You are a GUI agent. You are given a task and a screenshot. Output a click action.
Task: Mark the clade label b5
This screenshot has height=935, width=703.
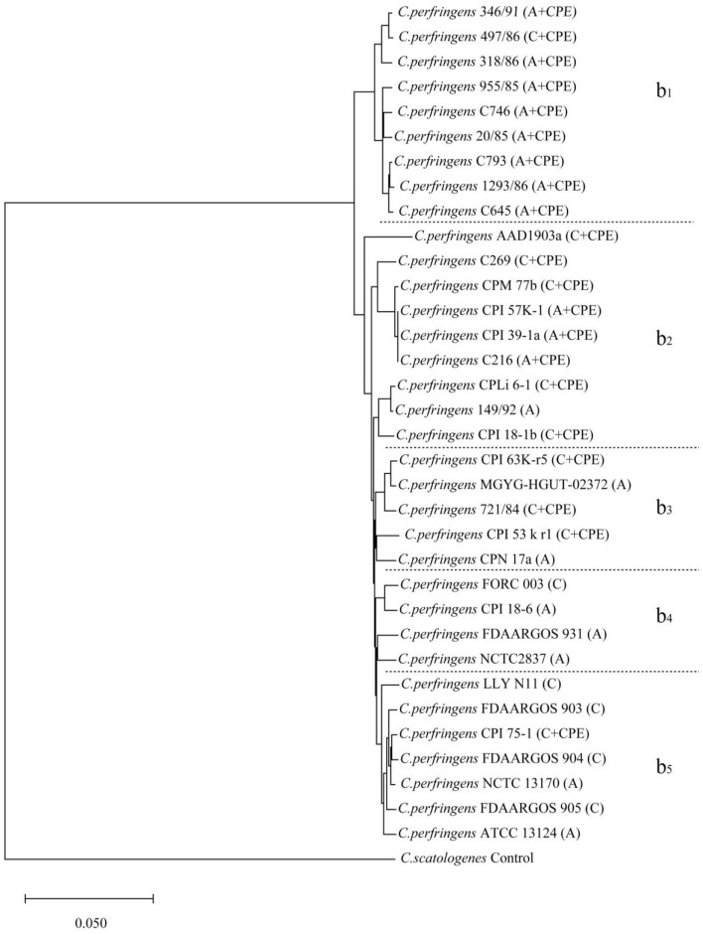click(x=664, y=766)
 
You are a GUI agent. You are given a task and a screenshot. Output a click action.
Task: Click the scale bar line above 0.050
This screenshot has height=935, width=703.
click(x=88, y=898)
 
